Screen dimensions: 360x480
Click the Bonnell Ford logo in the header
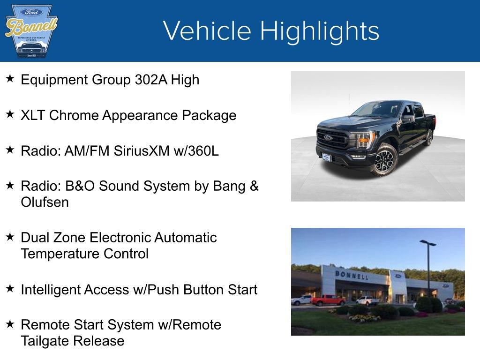(x=30, y=31)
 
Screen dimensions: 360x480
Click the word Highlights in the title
(x=319, y=31)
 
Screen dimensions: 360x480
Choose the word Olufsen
(x=45, y=202)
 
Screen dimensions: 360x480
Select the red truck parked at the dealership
(x=328, y=300)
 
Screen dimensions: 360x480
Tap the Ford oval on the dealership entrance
(x=398, y=276)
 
